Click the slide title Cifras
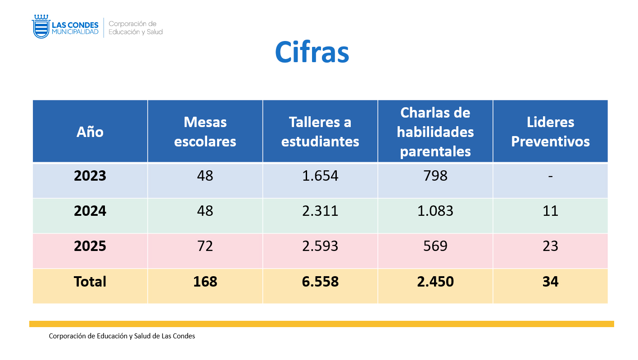[312, 53]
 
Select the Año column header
[90, 132]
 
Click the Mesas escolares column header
[205, 132]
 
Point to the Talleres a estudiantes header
[320, 132]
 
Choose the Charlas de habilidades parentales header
[435, 132]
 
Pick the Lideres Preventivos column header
[550, 132]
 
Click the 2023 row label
[90, 176]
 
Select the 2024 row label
[90, 211]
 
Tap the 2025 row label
[90, 246]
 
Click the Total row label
[90, 282]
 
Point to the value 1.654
[320, 176]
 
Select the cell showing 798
[435, 176]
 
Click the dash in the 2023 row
[550, 176]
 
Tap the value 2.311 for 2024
[320, 211]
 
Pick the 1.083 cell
[435, 211]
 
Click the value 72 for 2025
[205, 246]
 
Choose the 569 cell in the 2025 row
[435, 246]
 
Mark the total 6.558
[320, 282]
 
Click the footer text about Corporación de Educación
[122, 336]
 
